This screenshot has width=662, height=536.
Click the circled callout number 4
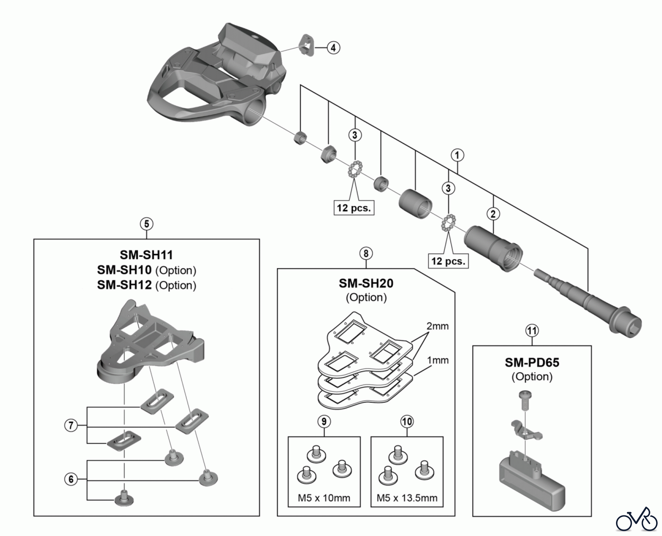pyautogui.click(x=333, y=48)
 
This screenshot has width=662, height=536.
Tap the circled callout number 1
pyautogui.click(x=457, y=155)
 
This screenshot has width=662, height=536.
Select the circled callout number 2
pyautogui.click(x=493, y=214)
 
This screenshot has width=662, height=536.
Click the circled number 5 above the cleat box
pyautogui.click(x=146, y=224)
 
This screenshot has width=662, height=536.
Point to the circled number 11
pyautogui.click(x=532, y=331)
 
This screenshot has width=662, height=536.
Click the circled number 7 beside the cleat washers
pyautogui.click(x=71, y=426)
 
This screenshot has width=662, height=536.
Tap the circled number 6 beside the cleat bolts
pyautogui.click(x=71, y=479)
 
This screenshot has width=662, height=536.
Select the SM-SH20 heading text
pyautogui.click(x=366, y=283)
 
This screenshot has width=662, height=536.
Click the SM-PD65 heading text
pyautogui.click(x=532, y=362)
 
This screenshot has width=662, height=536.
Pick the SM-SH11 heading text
pyautogui.click(x=146, y=255)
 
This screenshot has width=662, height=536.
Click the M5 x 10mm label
pyautogui.click(x=324, y=498)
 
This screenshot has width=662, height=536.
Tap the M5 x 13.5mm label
pyautogui.click(x=407, y=498)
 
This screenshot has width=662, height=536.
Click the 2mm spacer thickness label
pyautogui.click(x=437, y=326)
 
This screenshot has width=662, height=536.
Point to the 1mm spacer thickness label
pyautogui.click(x=438, y=360)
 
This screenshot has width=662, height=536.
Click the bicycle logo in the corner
pyautogui.click(x=637, y=520)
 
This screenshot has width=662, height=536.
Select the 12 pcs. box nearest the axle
pyautogui.click(x=448, y=261)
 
